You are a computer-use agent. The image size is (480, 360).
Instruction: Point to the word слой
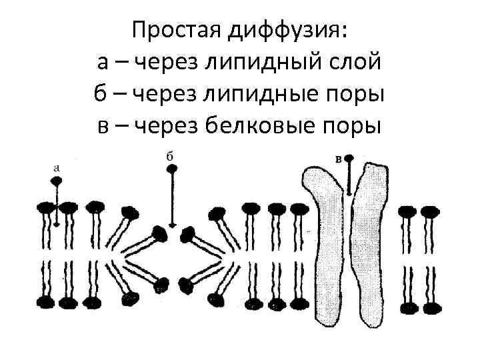pos(359,62)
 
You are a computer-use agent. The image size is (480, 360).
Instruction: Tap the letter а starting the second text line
pos(103,62)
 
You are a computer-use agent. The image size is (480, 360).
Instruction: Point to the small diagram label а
pos(57,168)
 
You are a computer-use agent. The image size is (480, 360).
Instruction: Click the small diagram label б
pos(170,155)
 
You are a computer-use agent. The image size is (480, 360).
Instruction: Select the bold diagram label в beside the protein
pos(338,159)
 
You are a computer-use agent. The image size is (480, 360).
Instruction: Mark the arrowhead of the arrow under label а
pos(57,223)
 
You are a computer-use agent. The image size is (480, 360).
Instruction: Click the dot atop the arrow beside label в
pos(349,159)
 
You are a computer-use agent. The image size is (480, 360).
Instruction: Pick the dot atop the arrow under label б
pos(172,169)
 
